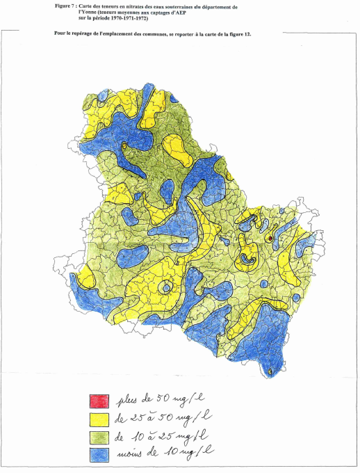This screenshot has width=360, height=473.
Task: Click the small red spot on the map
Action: point(270,239)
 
